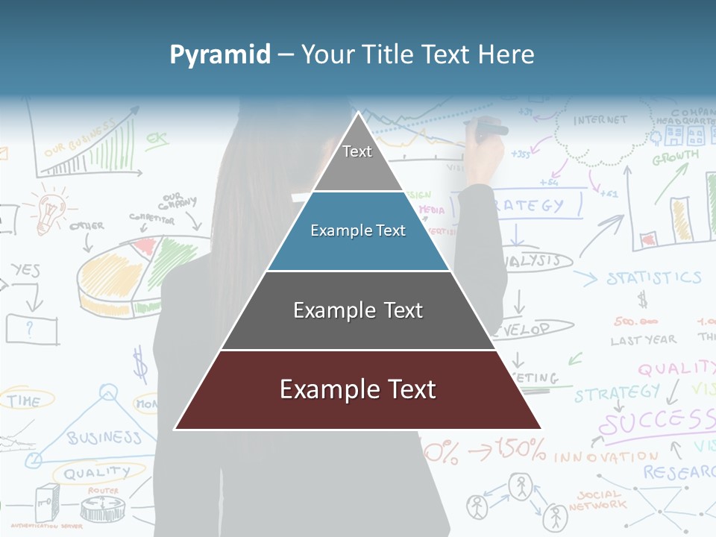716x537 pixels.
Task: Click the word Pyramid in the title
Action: pyautogui.click(x=219, y=54)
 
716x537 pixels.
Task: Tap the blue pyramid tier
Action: pyautogui.click(x=358, y=231)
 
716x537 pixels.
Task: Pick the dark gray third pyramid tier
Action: pyautogui.click(x=358, y=310)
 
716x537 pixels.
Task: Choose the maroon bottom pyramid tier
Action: pyautogui.click(x=358, y=390)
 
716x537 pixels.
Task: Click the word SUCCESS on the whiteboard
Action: pyautogui.click(x=656, y=422)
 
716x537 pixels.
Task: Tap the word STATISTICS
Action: pyautogui.click(x=653, y=279)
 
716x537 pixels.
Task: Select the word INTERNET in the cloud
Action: pyautogui.click(x=600, y=120)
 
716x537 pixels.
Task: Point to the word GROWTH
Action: pyautogui.click(x=675, y=158)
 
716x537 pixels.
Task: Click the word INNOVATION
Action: pyautogui.click(x=606, y=456)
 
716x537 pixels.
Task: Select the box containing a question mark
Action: pyautogui.click(x=31, y=328)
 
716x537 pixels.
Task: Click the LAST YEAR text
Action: pyautogui.click(x=643, y=340)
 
